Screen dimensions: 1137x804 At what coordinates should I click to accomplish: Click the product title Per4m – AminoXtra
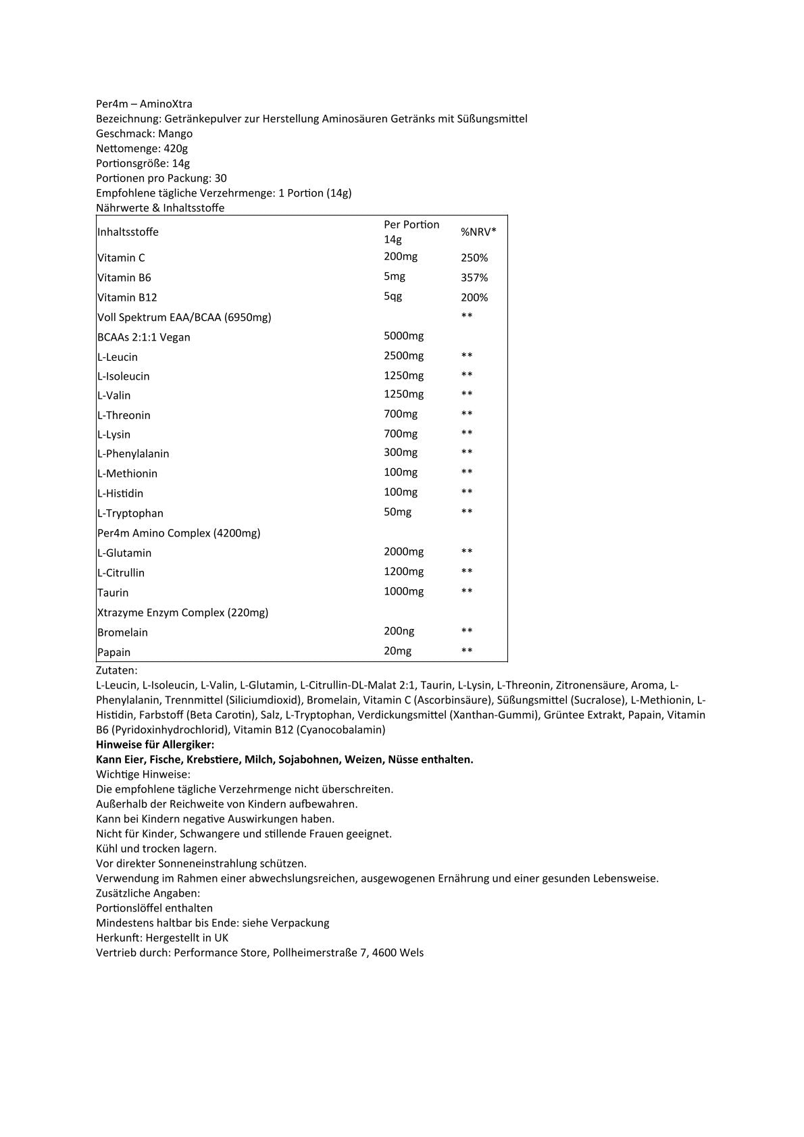click(x=144, y=104)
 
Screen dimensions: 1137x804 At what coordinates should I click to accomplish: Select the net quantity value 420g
click(x=176, y=149)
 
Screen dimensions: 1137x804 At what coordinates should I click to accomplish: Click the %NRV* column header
click(x=478, y=232)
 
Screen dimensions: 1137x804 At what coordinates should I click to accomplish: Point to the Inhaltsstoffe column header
click(x=128, y=232)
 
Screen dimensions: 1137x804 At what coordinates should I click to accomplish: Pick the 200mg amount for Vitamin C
click(x=401, y=257)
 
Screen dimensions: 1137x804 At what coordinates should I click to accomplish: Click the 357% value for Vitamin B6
click(x=474, y=278)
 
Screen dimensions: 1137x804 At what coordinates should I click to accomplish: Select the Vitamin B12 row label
click(x=128, y=297)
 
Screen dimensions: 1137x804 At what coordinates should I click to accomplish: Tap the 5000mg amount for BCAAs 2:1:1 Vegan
click(x=404, y=336)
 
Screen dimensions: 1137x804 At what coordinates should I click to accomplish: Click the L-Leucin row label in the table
click(x=118, y=357)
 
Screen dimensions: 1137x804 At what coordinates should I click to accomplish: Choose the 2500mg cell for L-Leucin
click(x=404, y=355)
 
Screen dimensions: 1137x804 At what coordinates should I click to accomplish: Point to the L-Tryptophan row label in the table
click(x=130, y=513)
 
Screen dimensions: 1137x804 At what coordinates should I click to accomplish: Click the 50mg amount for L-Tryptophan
click(x=397, y=511)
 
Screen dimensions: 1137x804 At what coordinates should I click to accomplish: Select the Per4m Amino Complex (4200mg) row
click(x=179, y=533)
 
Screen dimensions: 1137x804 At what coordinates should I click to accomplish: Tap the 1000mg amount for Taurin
click(x=404, y=591)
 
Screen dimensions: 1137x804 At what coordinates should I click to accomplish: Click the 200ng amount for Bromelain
click(x=399, y=631)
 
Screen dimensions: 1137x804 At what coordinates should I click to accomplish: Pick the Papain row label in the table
click(x=114, y=652)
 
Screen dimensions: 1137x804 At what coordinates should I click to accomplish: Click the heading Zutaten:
click(x=117, y=670)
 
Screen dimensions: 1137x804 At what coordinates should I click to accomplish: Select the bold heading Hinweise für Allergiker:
click(x=155, y=744)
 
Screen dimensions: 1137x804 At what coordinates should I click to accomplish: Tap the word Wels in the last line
click(x=411, y=953)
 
